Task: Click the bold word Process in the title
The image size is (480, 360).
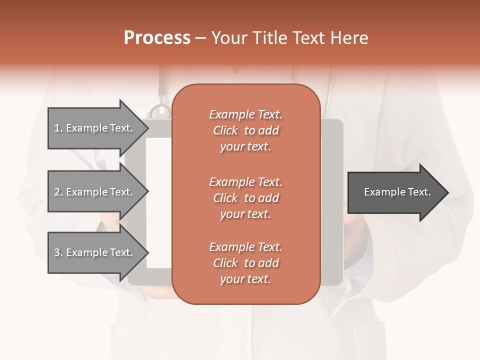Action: click(x=157, y=38)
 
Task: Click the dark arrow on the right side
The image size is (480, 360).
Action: click(x=395, y=192)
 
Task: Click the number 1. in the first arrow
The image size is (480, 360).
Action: click(x=58, y=128)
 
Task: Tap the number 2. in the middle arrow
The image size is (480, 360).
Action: click(x=58, y=192)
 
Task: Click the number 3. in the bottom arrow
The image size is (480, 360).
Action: click(x=58, y=252)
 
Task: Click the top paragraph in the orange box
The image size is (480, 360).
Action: click(x=245, y=130)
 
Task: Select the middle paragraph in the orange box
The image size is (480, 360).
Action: click(x=245, y=198)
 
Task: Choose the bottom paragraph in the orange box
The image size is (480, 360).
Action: click(x=245, y=263)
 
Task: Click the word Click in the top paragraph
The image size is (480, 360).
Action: click(x=225, y=130)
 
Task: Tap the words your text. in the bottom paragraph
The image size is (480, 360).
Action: click(x=245, y=279)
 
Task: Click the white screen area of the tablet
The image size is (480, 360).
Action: click(x=159, y=200)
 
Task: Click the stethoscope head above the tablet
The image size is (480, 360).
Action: click(x=160, y=111)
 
